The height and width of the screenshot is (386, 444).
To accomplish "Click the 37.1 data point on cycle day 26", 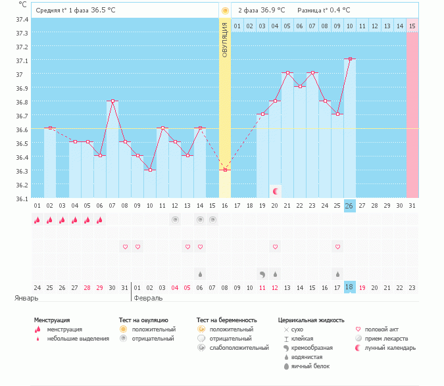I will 351,59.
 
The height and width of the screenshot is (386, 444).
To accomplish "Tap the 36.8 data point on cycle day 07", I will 113,101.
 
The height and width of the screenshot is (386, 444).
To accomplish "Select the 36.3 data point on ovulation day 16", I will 226,170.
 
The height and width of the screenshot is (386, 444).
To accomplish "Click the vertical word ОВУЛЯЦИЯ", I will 225,40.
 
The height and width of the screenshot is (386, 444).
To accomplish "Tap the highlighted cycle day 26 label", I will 350,206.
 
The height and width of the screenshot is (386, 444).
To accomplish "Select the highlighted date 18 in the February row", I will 350,287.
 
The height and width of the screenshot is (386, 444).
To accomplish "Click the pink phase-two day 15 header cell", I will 412,26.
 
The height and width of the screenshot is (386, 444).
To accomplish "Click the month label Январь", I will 26,298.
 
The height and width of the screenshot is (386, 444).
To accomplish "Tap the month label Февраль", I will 149,298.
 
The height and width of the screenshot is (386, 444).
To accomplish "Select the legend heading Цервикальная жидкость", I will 311,320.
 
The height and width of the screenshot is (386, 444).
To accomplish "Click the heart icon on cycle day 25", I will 337,247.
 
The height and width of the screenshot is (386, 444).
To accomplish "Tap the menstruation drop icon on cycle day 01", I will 37,221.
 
